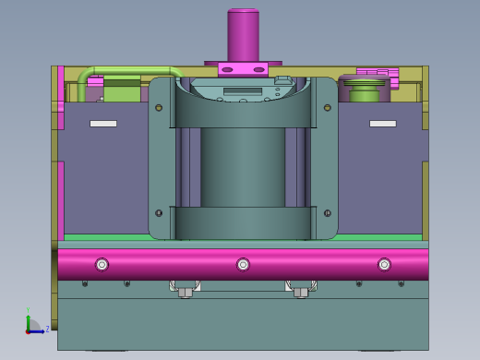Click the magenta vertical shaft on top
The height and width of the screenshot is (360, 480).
click(243, 35)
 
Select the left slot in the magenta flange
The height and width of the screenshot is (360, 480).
click(228, 69)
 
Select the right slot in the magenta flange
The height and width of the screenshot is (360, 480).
click(258, 69)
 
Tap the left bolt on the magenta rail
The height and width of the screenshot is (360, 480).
click(102, 265)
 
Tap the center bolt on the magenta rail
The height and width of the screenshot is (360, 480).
click(243, 265)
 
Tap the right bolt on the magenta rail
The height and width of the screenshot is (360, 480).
click(384, 265)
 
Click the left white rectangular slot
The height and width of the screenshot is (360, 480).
click(103, 124)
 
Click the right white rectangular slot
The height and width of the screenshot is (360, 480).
click(382, 124)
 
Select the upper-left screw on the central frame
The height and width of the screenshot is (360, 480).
click(159, 108)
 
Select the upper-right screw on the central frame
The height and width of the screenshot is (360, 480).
click(327, 108)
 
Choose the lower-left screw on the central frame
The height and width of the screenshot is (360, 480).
click(159, 213)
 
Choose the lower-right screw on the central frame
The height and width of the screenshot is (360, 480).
click(327, 213)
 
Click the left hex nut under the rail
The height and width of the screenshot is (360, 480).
click(185, 293)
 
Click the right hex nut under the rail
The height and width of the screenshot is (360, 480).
click(301, 293)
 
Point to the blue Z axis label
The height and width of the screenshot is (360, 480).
click(47, 329)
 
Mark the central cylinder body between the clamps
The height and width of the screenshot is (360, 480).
click(243, 166)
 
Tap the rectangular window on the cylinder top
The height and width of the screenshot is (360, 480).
click(243, 90)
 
